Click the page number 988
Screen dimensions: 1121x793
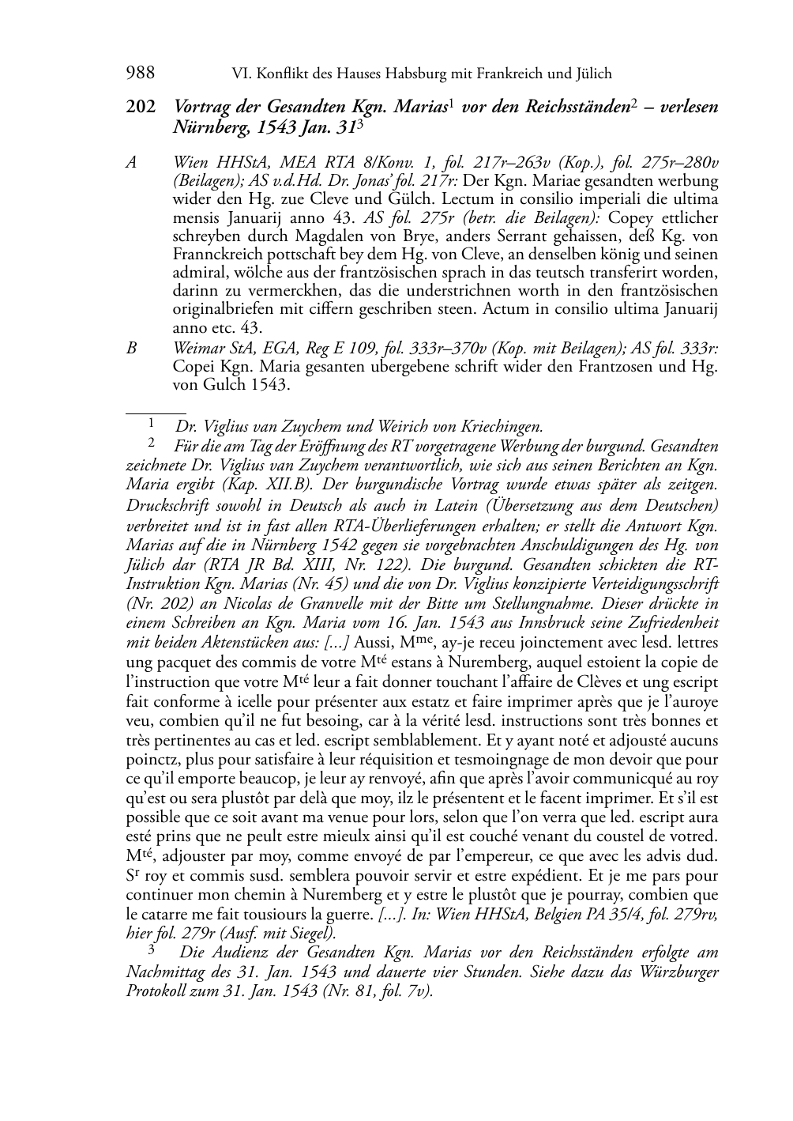[x=140, y=74]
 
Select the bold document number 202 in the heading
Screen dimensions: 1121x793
[x=141, y=107]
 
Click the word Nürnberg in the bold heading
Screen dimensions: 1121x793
[x=205, y=126]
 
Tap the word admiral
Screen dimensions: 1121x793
[x=198, y=273]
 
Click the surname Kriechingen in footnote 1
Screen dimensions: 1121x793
[x=497, y=428]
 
